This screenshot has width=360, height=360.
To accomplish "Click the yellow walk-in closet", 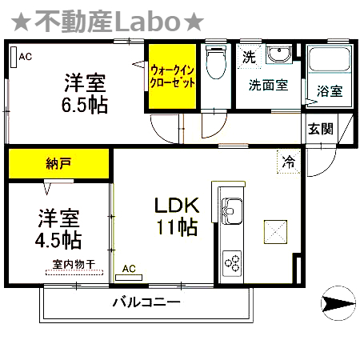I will coord(172,77).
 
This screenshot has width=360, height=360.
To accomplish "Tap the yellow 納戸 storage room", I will coord(58,164).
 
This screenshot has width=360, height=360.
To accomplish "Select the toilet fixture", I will coord(214,64).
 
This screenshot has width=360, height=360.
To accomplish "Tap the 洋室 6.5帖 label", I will coord(85,93).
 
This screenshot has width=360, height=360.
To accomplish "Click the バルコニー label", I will coord(146,302).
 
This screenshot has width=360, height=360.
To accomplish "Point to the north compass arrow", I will coord(336,303).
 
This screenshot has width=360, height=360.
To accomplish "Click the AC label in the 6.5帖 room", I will coord(26,56).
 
